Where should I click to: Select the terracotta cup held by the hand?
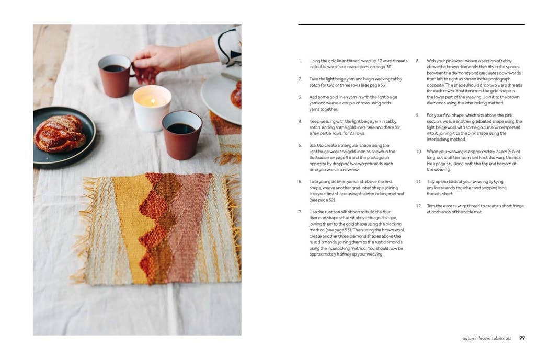pyautogui.click(x=115, y=75)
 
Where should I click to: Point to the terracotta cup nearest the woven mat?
pyautogui.click(x=181, y=135)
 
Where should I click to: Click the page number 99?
pyautogui.click(x=522, y=338)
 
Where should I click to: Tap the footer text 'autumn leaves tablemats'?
pyautogui.click(x=486, y=338)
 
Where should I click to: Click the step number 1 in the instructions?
pyautogui.click(x=300, y=61)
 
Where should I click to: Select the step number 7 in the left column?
pyautogui.click(x=300, y=212)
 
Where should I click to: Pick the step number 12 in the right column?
pyautogui.click(x=419, y=206)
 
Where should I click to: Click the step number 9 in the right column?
pyautogui.click(x=418, y=115)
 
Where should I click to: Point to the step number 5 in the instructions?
pyautogui.click(x=300, y=145)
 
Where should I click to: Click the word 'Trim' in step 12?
pyautogui.click(x=431, y=206)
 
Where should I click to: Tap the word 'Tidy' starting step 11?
pyautogui.click(x=431, y=181)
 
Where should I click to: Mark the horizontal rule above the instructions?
pyautogui.click(x=411, y=24)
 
